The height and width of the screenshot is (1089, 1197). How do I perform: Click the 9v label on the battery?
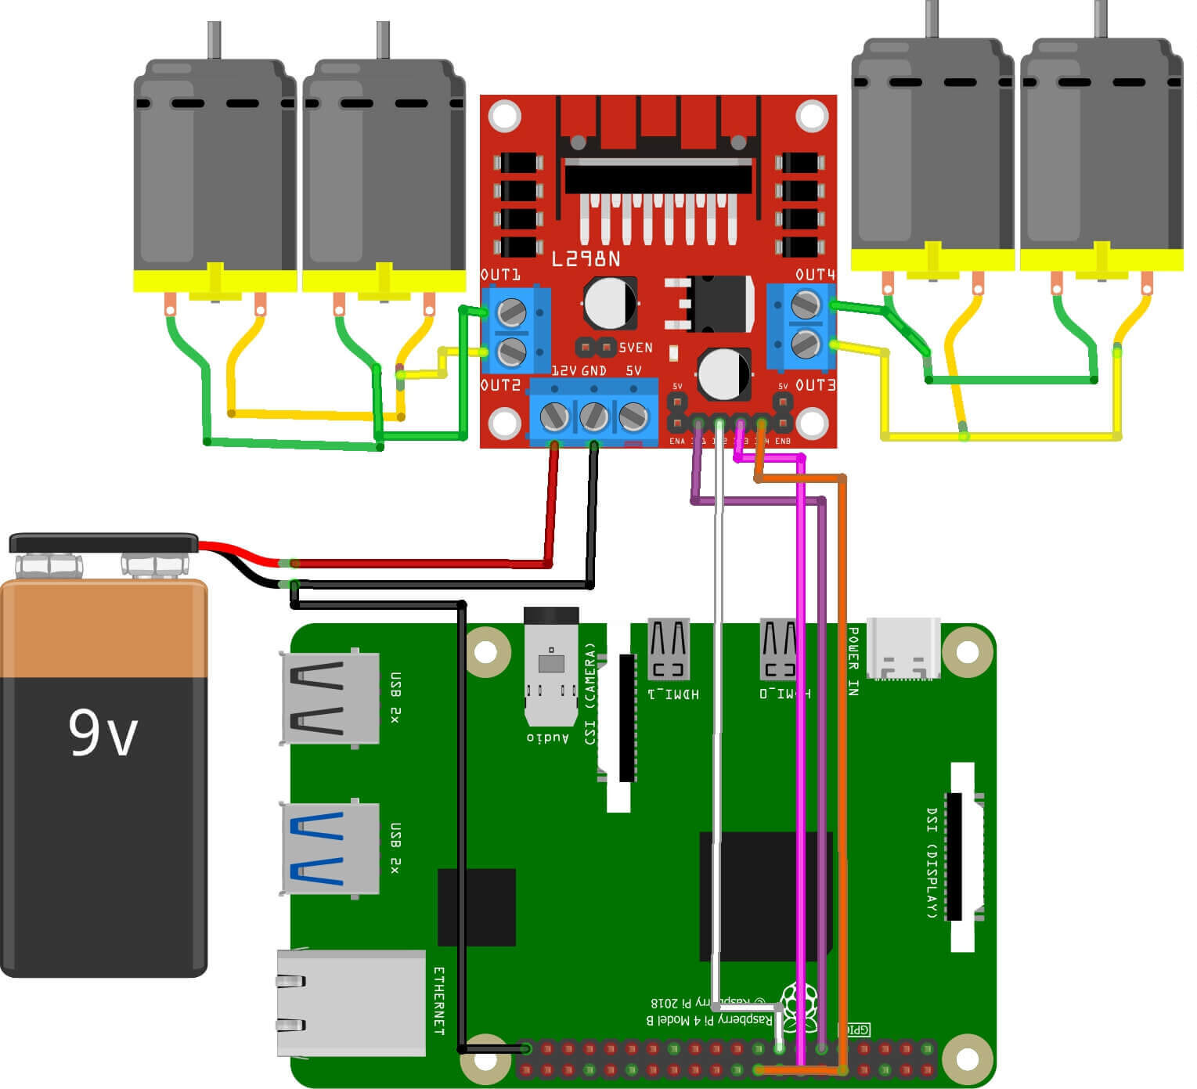click(x=103, y=733)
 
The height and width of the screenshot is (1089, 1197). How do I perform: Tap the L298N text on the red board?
click(x=586, y=259)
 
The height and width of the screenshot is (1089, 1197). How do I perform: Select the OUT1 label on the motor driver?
click(x=500, y=275)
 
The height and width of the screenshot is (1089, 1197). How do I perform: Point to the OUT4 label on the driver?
click(x=815, y=275)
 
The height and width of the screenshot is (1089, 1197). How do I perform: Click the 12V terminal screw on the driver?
click(x=554, y=416)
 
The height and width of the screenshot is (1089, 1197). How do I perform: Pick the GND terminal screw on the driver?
click(x=593, y=416)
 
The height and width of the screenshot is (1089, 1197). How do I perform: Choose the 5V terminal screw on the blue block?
click(x=633, y=416)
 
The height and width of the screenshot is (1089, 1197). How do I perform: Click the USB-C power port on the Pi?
click(x=903, y=649)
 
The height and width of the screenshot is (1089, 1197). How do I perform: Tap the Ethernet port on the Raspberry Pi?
click(x=350, y=1002)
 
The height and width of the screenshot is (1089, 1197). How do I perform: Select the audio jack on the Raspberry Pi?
click(x=550, y=665)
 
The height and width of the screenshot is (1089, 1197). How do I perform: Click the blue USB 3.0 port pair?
click(x=330, y=849)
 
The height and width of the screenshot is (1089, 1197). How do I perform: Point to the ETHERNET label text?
click(x=439, y=1001)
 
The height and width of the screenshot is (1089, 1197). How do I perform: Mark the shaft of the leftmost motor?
click(x=214, y=39)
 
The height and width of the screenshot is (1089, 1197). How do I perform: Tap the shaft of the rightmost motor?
click(x=1100, y=18)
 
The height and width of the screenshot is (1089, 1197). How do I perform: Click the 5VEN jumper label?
click(x=635, y=348)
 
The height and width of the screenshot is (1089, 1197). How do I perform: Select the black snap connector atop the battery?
click(x=103, y=543)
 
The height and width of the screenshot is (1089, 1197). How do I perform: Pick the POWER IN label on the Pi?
click(x=853, y=662)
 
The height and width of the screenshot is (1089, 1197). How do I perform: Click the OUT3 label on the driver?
click(x=815, y=385)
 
